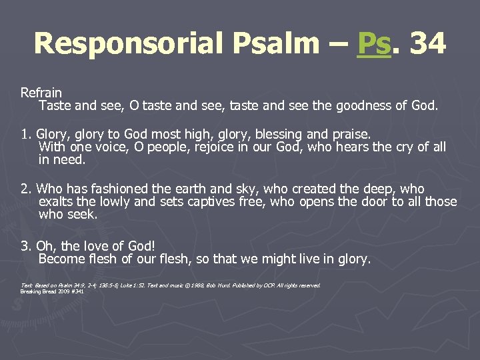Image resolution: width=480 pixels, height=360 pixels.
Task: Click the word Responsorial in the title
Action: (x=129, y=44)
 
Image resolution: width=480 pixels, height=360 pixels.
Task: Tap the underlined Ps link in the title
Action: (x=373, y=44)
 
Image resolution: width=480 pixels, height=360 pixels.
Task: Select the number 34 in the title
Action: (x=427, y=44)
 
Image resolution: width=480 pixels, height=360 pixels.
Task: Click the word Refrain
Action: (x=41, y=93)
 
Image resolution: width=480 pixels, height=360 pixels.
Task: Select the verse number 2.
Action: (x=25, y=189)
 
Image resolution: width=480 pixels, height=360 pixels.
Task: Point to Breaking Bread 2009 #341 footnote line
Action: (x=52, y=291)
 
